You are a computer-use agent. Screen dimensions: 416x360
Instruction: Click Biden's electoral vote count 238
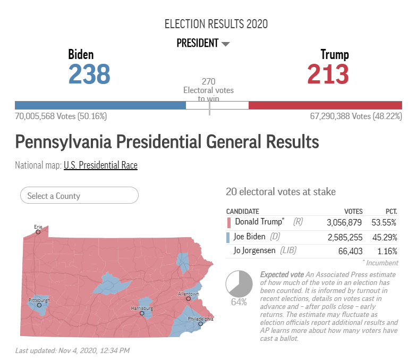coord(89,74)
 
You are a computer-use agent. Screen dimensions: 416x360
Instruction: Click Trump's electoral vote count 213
coord(328,74)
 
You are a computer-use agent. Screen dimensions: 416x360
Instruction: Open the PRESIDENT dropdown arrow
coord(225,44)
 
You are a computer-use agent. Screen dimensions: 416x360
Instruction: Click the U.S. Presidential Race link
coord(100,165)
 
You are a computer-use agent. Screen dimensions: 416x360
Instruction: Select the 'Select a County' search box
coord(79,195)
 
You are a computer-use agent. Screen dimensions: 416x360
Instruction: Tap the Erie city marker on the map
coord(38,232)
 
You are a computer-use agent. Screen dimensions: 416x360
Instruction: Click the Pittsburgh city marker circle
coord(39,305)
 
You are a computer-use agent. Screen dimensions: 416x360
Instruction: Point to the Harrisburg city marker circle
coord(142,313)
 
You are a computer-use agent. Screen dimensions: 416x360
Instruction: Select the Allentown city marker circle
coord(189,299)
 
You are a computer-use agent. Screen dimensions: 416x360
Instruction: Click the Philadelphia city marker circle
coord(201,324)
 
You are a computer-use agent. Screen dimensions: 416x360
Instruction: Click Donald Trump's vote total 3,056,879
coord(344,222)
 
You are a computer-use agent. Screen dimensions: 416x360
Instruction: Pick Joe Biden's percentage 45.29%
coord(385,237)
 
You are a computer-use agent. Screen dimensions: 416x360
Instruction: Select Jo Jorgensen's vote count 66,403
coord(350,251)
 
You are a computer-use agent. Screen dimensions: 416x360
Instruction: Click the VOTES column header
coord(353,212)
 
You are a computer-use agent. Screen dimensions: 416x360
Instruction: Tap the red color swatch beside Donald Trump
coord(229,223)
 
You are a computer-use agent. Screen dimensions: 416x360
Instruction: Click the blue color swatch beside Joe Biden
coord(228,238)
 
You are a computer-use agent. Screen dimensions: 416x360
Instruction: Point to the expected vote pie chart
coord(239,284)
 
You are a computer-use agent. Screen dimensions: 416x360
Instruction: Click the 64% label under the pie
coord(239,302)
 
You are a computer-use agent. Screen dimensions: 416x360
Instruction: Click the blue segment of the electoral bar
coord(100,105)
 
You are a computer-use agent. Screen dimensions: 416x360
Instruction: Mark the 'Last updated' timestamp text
coord(72,350)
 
